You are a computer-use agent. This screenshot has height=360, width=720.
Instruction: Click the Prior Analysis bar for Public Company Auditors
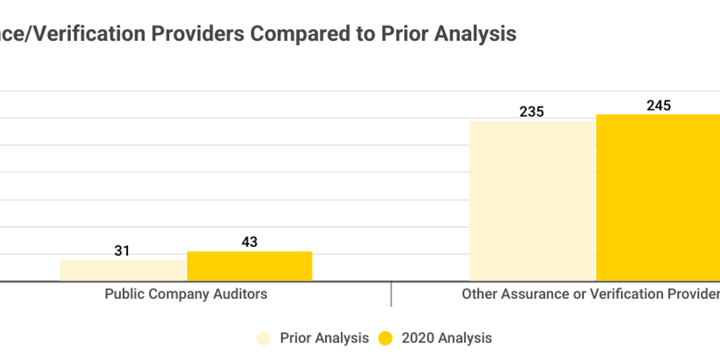point(122,271)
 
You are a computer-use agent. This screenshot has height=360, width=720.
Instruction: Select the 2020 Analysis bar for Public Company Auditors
point(250,266)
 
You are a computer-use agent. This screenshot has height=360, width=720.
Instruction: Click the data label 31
point(122,250)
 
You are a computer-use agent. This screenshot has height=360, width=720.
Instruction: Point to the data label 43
point(250,242)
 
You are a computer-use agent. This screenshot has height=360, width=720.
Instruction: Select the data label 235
point(532,112)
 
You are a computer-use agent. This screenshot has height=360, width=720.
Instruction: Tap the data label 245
point(659,105)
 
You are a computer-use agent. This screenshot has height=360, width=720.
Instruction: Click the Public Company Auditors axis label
point(186,294)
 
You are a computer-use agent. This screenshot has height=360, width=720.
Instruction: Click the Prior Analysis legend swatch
point(264,338)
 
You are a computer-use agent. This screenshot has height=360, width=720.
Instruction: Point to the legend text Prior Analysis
point(324,338)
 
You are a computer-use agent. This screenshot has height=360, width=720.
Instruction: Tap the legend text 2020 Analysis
point(446,338)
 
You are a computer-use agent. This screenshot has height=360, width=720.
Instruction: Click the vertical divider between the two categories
point(391,294)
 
